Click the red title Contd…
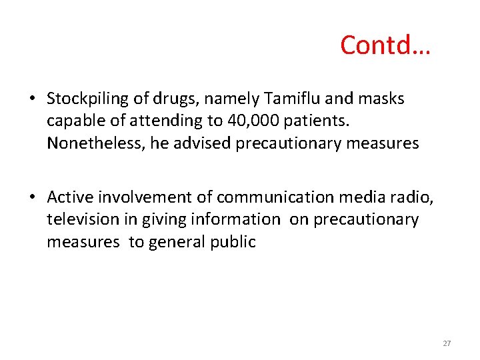(385, 45)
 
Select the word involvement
(147, 197)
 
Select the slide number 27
(447, 343)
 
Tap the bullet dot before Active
(32, 198)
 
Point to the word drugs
(177, 99)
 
